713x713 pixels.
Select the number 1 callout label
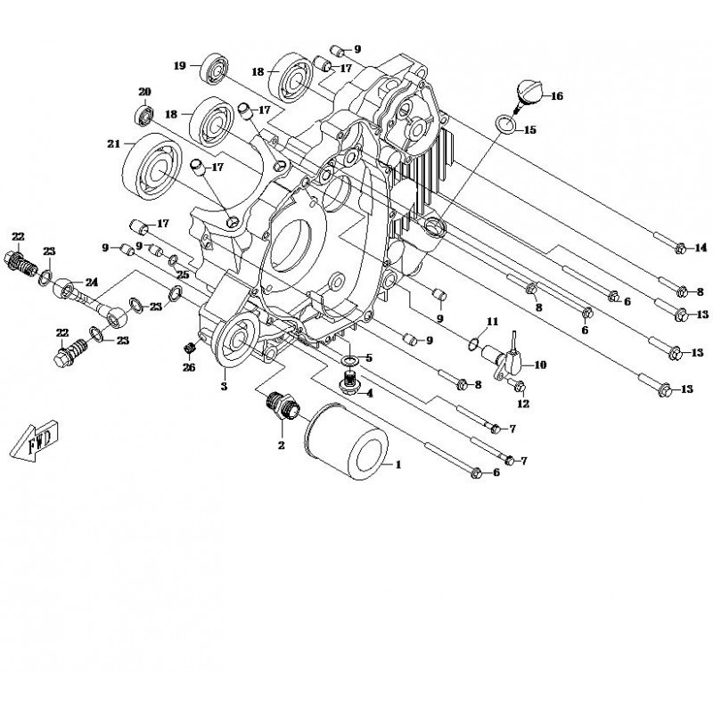[x=398, y=464]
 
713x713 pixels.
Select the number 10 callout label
[x=540, y=365]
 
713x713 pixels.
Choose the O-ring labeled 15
[x=504, y=124]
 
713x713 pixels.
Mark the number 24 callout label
[x=91, y=283]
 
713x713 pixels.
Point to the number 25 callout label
[x=183, y=273]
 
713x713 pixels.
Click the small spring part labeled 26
[x=189, y=348]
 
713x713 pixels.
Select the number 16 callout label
[x=557, y=96]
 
